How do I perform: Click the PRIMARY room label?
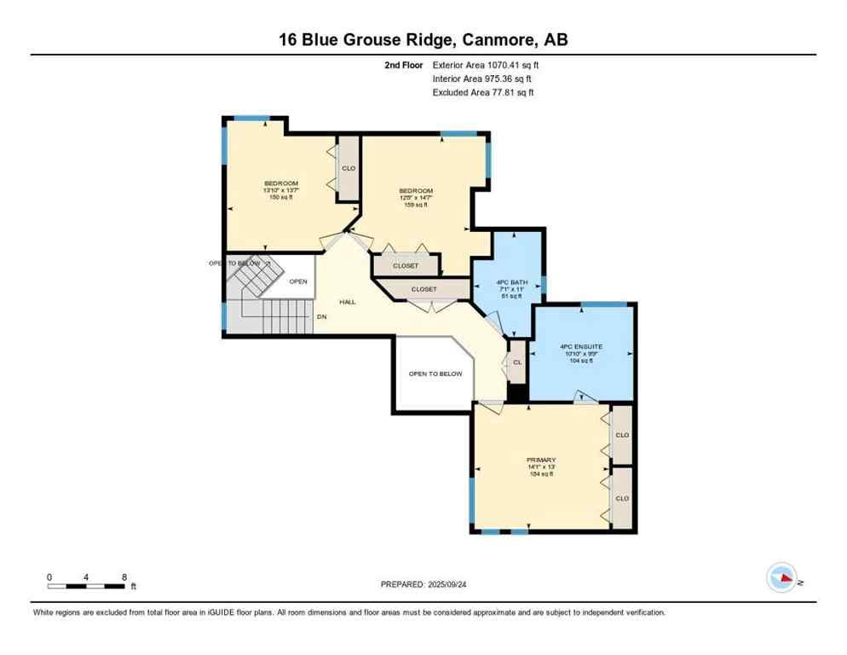540,461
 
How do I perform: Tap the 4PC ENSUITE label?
581,346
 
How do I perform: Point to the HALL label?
348,302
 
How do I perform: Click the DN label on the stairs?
321,317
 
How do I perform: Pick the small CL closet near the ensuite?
516,362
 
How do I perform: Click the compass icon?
782,579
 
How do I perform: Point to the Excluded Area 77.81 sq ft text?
483,92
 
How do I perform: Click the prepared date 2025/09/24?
425,584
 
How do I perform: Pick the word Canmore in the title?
502,39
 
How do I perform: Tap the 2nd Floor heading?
404,64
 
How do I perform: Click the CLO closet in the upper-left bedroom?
349,169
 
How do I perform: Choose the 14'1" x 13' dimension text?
540,467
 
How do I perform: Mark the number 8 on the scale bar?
124,577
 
